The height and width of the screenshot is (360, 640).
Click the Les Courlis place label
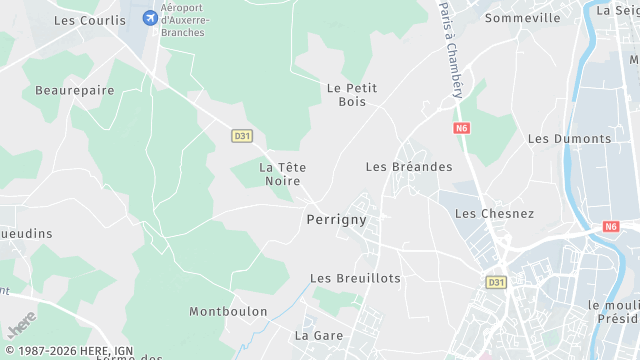90,19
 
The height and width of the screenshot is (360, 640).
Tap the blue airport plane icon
151,18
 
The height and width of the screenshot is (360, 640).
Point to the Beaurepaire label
75,90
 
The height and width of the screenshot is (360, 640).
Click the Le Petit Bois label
352,95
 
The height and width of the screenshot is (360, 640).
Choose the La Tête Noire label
283,174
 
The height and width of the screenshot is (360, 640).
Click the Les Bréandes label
409,167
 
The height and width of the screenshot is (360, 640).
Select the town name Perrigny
336,219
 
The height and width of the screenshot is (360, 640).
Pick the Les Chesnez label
494,214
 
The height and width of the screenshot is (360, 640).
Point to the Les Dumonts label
569,139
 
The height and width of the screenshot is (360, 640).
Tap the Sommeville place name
522,18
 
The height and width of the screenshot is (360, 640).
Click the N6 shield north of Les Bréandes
461,128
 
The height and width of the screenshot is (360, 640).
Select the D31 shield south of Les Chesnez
496,283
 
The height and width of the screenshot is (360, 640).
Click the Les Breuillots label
355,278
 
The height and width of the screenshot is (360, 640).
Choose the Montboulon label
228,312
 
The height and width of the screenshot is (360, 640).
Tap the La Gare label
319,335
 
